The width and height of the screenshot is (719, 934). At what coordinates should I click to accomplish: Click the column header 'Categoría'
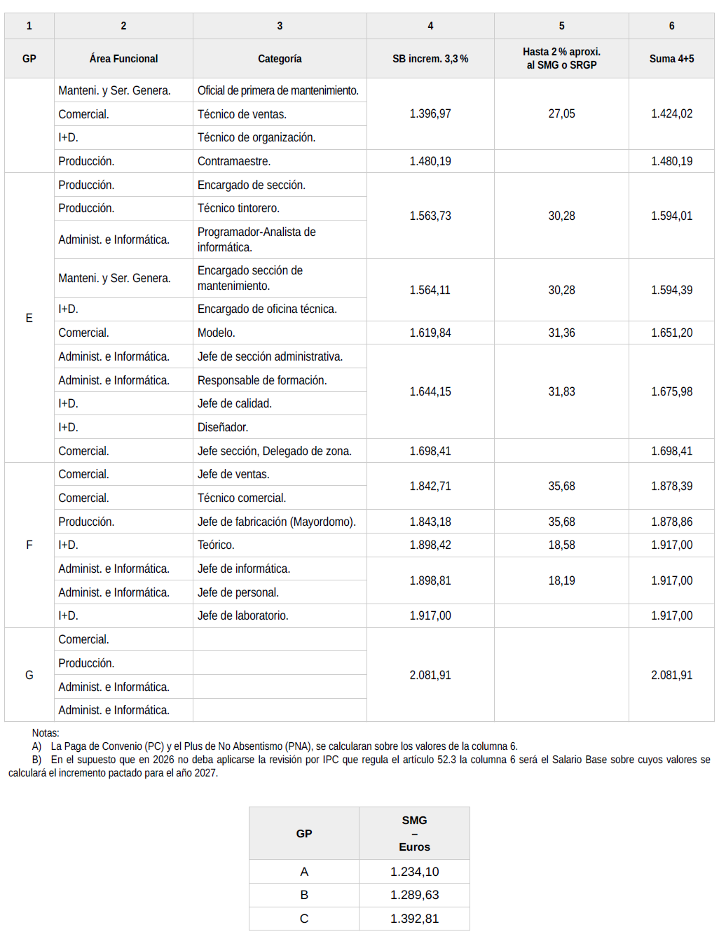point(280,59)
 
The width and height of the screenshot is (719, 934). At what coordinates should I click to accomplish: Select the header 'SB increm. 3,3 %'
point(430,59)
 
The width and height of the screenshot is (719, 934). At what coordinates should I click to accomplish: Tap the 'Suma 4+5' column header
point(671,59)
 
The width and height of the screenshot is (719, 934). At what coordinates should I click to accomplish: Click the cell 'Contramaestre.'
point(234,161)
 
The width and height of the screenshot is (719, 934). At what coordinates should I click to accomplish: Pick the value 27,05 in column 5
point(561,113)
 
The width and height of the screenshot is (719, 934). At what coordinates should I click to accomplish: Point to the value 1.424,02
point(671,113)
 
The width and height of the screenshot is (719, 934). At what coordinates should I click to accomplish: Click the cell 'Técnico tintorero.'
point(238,208)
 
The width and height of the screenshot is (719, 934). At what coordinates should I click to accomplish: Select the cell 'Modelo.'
point(217,333)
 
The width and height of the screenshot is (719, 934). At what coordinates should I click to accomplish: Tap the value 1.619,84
point(430,333)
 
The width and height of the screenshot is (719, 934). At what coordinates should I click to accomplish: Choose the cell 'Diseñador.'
point(223,427)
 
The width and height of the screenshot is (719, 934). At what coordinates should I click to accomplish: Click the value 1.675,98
point(671,391)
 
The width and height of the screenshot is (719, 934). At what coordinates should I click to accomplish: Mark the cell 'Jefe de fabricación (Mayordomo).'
point(277,522)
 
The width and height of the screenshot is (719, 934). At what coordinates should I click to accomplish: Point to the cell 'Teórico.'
point(216,545)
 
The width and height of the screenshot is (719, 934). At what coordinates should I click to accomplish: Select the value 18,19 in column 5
point(561,580)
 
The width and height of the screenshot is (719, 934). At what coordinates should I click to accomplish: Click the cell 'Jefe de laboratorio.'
point(243,615)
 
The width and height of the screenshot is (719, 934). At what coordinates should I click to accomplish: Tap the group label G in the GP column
point(29,675)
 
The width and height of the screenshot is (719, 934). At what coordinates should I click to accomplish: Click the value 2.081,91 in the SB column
point(430,675)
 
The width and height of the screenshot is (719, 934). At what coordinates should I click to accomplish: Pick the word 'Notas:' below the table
point(46,733)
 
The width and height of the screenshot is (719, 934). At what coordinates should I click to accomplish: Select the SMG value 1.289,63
point(414,895)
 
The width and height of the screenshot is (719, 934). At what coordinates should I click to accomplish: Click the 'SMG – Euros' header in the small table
point(414,833)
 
